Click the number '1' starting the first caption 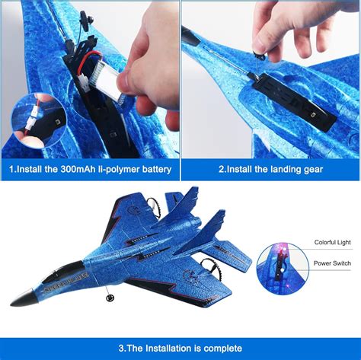pos(11,169)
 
